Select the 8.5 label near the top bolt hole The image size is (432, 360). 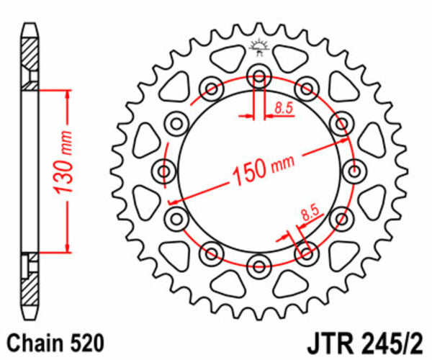283,109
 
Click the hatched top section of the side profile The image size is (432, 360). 29,61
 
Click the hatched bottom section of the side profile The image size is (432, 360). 29,287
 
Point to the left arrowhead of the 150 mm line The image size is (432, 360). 171,201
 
